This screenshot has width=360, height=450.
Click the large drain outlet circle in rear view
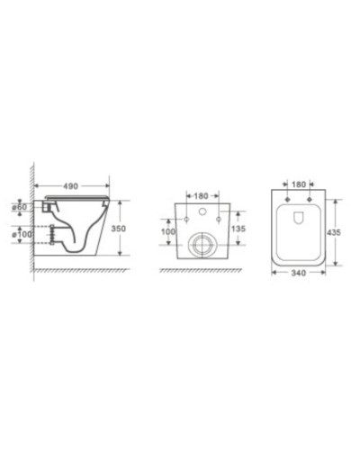point(203,244)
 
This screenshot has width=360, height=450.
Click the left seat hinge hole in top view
point(287,199)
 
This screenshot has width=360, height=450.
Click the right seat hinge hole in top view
point(310,199)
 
